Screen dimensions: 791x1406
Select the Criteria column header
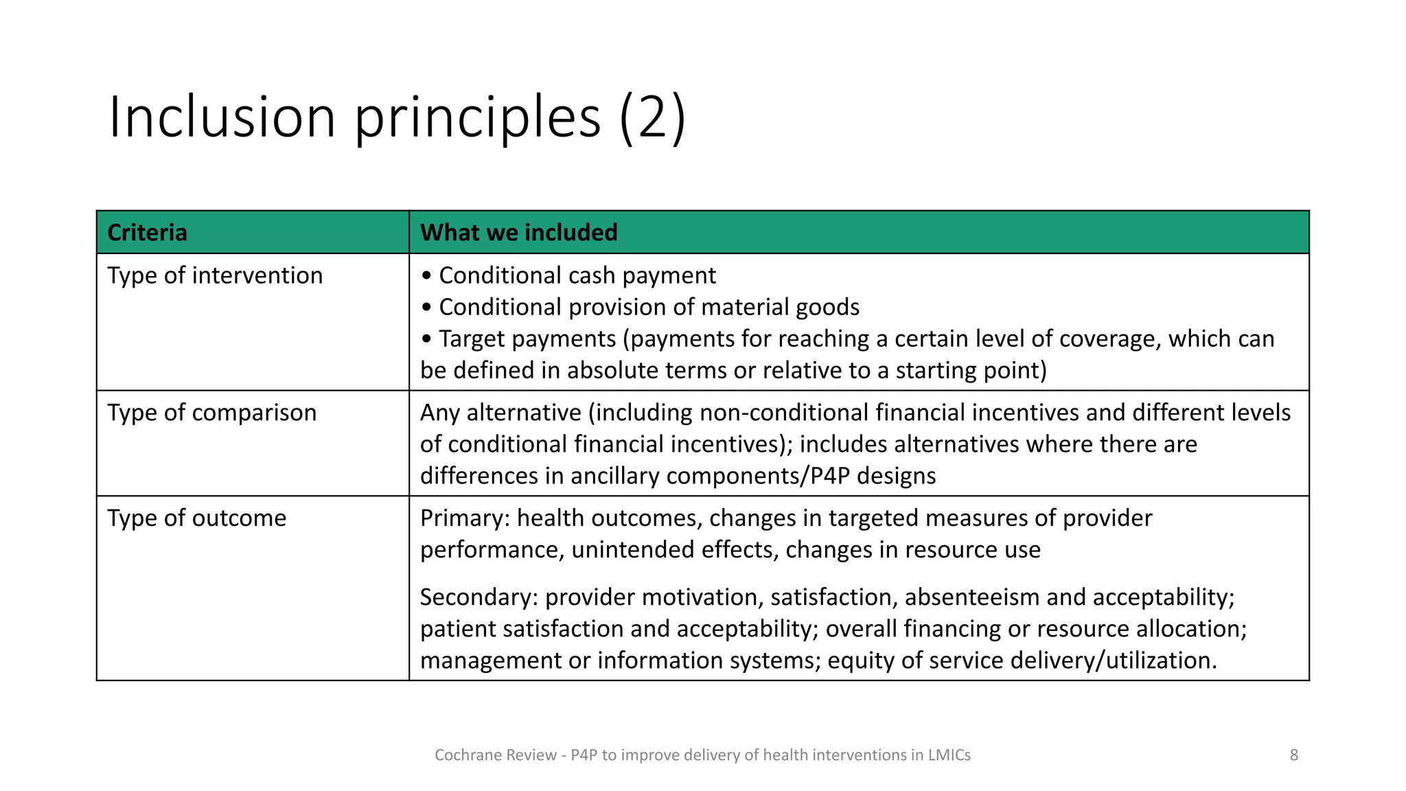coord(147,233)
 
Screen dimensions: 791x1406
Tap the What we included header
coord(518,233)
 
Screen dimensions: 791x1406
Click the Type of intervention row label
coord(215,275)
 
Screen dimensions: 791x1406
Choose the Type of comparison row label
coord(211,413)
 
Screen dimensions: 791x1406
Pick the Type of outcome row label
coord(196,518)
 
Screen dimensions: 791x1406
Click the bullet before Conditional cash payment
coord(427,276)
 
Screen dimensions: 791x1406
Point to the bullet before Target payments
coord(427,339)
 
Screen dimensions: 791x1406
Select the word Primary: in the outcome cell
coord(465,518)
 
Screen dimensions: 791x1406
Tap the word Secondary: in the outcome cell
coord(479,597)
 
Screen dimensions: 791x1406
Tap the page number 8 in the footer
coord(1293,755)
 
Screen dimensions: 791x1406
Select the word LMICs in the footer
coord(949,755)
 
